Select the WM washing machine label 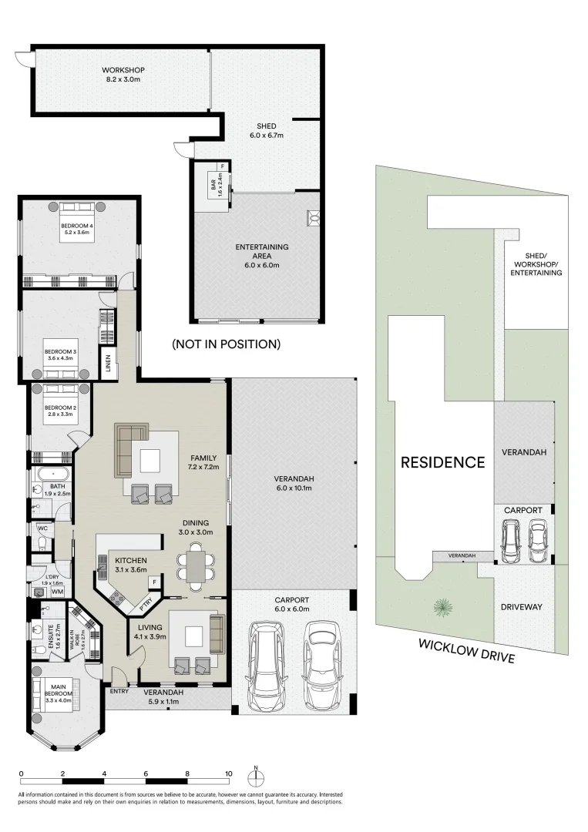click(x=57, y=592)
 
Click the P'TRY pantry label click(x=146, y=606)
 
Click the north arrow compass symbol click(x=257, y=773)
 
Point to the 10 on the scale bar click(x=229, y=773)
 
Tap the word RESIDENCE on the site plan click(x=442, y=462)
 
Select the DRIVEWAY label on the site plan click(x=520, y=607)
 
